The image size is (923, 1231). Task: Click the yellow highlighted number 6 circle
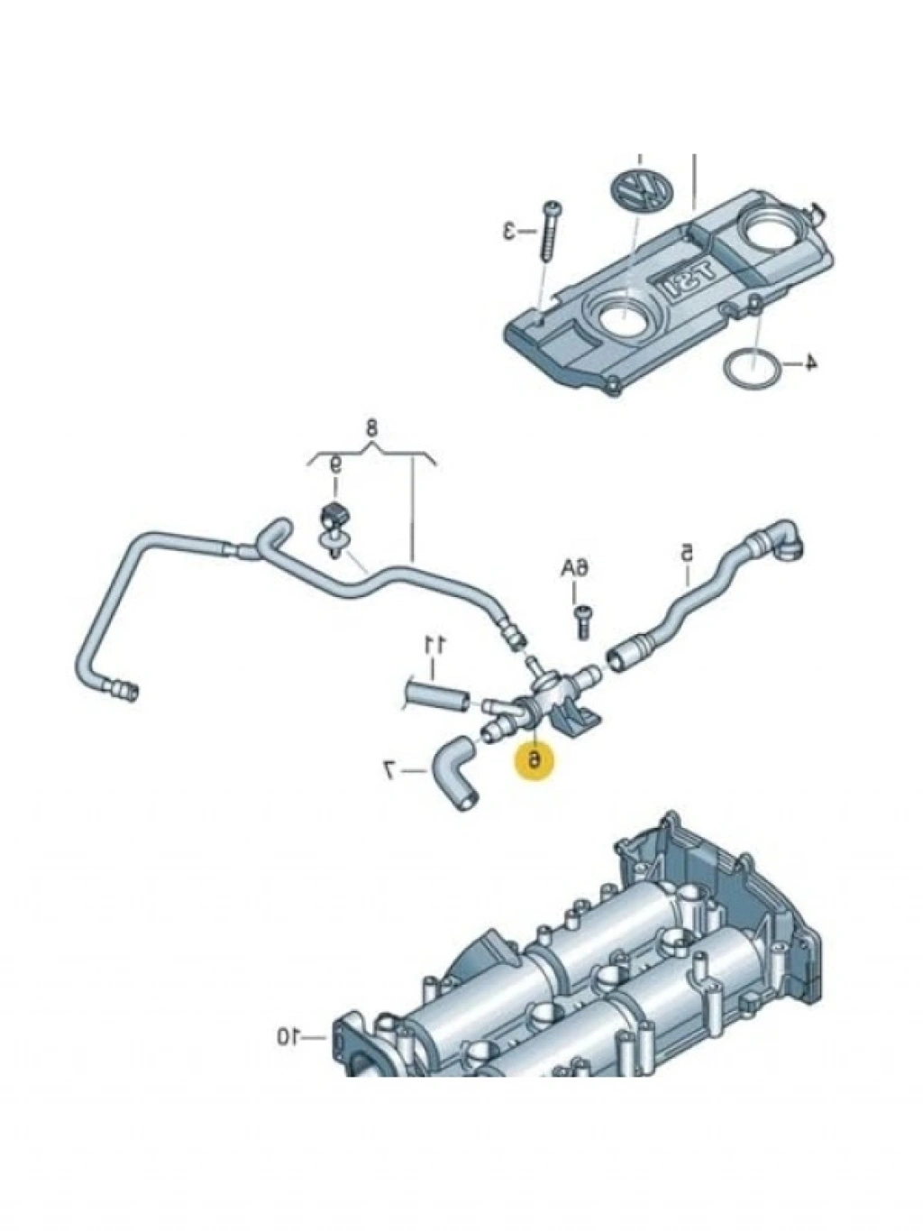coord(535,759)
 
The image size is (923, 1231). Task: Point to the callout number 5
coord(686,550)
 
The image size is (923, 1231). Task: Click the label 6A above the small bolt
coord(575,569)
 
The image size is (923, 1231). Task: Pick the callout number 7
coord(390,769)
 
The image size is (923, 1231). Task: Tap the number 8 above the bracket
coord(370,427)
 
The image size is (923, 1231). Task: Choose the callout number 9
coord(334,466)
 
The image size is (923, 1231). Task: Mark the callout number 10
coord(287,1038)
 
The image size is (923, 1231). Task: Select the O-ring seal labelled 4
coord(745,370)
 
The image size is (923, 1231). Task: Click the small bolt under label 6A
coord(581,620)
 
